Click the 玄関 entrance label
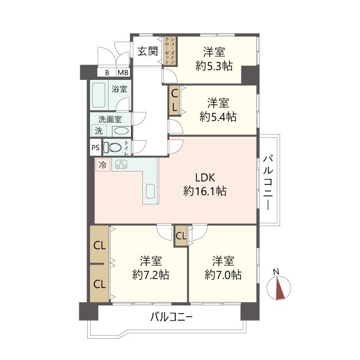pyautogui.click(x=147, y=52)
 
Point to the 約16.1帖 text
pyautogui.click(x=205, y=191)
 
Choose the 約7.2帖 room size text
pyautogui.click(x=151, y=275)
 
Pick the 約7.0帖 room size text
pyautogui.click(x=223, y=275)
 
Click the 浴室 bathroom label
pyautogui.click(x=119, y=89)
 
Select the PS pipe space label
pyautogui.click(x=94, y=148)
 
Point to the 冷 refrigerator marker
pyautogui.click(x=102, y=165)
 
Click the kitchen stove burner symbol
pyautogui.click(x=121, y=165)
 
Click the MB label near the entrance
pyautogui.click(x=123, y=72)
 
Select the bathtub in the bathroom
pyautogui.click(x=100, y=95)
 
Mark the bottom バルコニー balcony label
pyautogui.click(x=172, y=317)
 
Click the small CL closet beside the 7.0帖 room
pyautogui.click(x=181, y=236)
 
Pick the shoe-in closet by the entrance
pyautogui.click(x=168, y=49)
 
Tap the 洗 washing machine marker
pyautogui.click(x=98, y=130)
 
